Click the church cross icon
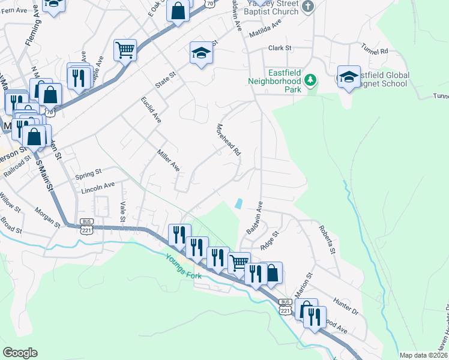pos(308,7)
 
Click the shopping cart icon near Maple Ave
pos(125,50)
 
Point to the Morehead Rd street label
pos(228,140)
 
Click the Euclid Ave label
pos(151,107)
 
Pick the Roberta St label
pos(327,239)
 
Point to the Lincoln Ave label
pos(97,188)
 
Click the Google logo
pos(20,353)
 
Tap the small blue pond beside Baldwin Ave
pos(240,203)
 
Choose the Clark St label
pos(280,47)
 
